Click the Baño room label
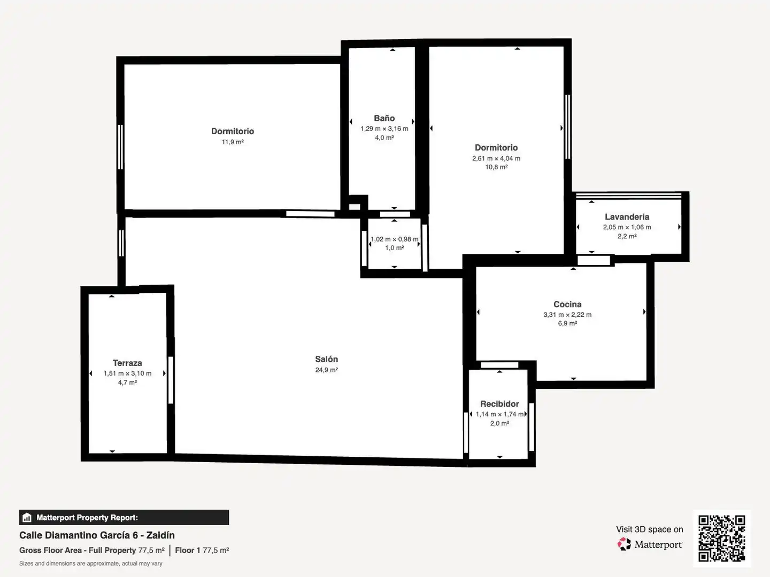point(384,118)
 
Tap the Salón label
point(326,359)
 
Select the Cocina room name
point(567,304)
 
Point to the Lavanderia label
point(627,216)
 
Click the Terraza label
point(127,363)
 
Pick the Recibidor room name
point(499,403)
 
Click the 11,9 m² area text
point(233,142)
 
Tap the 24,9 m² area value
point(326,370)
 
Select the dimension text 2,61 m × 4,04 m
point(496,158)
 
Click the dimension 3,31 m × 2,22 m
point(567,315)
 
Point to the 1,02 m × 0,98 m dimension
point(394,239)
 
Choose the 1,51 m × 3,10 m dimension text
point(127,373)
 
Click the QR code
point(721,538)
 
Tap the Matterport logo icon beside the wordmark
point(624,544)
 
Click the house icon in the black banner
point(27,518)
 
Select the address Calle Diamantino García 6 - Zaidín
point(97,535)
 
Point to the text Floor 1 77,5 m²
point(202,550)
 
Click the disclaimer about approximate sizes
point(90,563)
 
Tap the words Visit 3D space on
point(649,529)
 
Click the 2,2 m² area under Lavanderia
point(627,236)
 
